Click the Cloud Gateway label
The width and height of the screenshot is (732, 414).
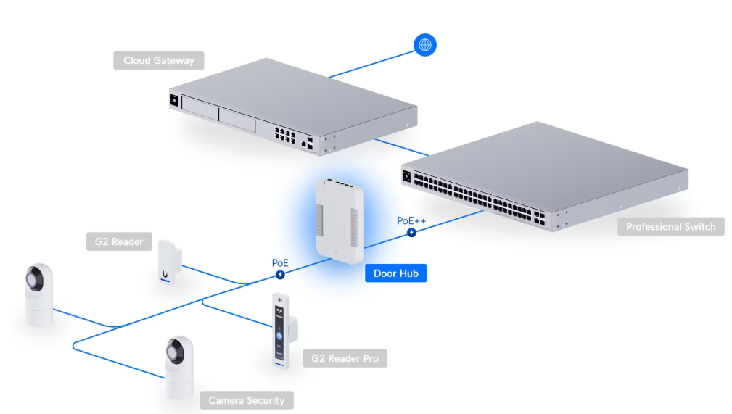[158, 60]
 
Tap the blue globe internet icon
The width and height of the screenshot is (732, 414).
[425, 45]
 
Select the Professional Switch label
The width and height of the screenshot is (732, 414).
[670, 227]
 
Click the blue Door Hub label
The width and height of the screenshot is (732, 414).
[395, 273]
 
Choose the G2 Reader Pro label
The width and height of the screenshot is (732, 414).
[344, 358]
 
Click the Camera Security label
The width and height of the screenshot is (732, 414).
[247, 400]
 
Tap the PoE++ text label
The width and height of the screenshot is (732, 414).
[412, 220]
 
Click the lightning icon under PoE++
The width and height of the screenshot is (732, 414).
[412, 233]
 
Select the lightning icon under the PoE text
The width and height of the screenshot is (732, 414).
[280, 274]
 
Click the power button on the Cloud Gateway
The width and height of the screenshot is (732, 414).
[174, 102]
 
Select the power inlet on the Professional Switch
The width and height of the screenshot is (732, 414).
[407, 175]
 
